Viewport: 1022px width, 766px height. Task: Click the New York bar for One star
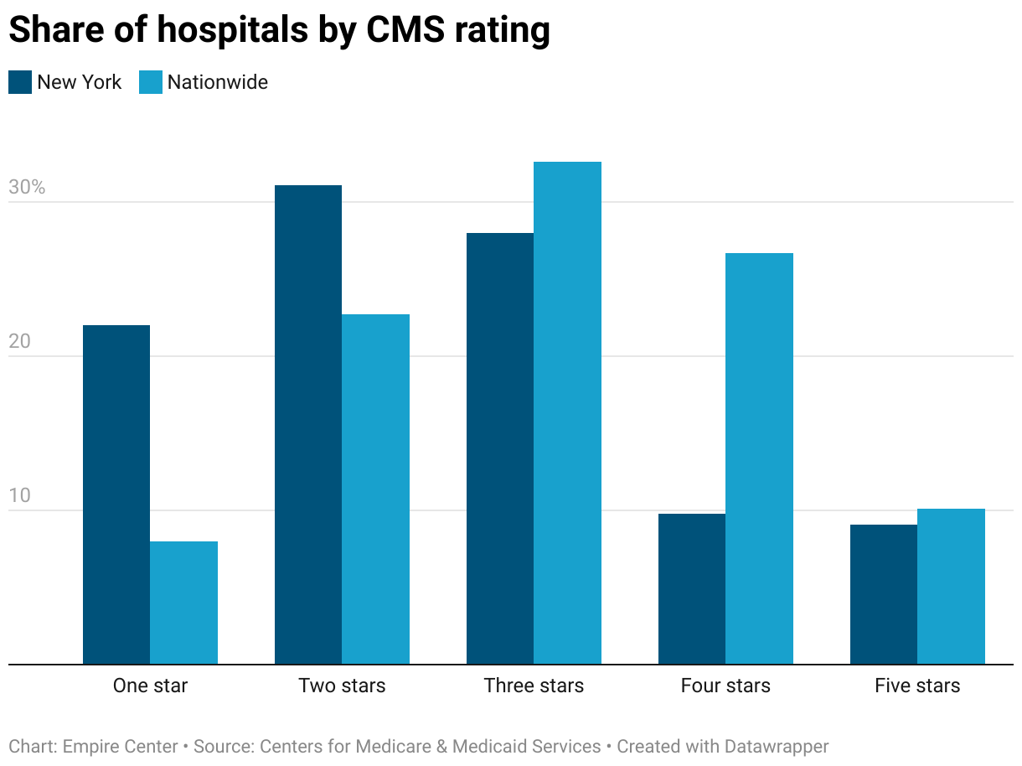(116, 494)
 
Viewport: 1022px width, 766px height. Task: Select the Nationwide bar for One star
(183, 603)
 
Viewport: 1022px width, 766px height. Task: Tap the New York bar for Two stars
(308, 424)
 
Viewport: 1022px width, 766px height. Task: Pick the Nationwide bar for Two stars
(375, 489)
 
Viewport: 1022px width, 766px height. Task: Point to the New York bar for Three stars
(500, 448)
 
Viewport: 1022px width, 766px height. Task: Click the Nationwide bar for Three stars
(567, 412)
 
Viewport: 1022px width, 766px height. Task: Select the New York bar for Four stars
(692, 588)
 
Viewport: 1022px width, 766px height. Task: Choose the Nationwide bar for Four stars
(759, 458)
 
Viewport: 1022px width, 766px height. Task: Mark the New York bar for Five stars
(884, 594)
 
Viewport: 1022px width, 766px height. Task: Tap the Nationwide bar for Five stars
(951, 586)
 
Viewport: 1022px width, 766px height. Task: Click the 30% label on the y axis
(27, 188)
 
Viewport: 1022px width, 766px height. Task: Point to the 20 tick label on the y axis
(19, 342)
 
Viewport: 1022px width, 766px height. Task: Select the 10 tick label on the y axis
(19, 495)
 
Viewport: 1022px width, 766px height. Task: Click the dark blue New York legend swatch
(20, 82)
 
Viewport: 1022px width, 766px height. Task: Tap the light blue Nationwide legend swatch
(150, 82)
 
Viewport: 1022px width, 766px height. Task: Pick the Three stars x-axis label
(534, 686)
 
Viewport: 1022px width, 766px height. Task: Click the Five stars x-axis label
(917, 686)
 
